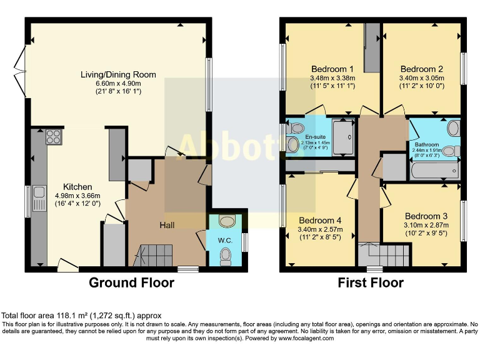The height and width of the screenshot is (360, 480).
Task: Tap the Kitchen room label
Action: point(77,187)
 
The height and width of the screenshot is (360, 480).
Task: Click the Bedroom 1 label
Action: point(332,69)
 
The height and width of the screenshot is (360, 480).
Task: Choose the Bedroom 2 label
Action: point(422,69)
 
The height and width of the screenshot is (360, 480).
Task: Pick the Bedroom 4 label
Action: point(320,220)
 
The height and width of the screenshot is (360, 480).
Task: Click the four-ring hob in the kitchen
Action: point(52,137)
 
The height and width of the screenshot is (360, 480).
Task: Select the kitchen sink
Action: point(39,198)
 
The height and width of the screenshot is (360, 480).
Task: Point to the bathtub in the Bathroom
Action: point(434,170)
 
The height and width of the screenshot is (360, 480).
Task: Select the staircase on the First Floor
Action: point(384,255)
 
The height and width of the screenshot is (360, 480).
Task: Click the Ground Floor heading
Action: point(131,283)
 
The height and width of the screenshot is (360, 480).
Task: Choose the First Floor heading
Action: point(371,283)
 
